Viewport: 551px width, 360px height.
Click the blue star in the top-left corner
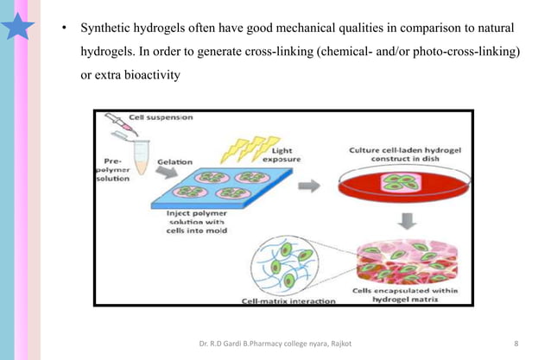coord(20,26)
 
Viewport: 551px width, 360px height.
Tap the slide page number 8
coord(516,345)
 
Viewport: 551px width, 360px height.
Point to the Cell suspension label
coord(161,117)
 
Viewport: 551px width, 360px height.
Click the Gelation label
coord(174,161)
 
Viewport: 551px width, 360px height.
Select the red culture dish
coord(398,186)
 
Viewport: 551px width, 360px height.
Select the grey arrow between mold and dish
coord(307,186)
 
